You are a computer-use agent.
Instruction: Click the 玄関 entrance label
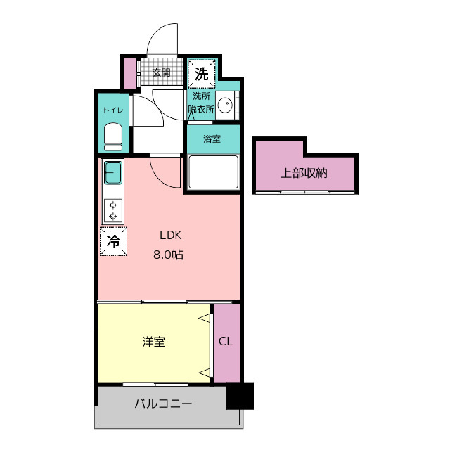[161, 72]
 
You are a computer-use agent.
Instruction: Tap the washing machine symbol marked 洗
[201, 73]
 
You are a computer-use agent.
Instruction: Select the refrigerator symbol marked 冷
[113, 241]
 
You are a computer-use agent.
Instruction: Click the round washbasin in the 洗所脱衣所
[225, 105]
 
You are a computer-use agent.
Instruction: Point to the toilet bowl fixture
[113, 136]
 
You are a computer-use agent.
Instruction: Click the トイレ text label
[113, 110]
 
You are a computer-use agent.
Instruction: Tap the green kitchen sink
[113, 172]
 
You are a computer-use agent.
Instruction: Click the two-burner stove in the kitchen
[113, 211]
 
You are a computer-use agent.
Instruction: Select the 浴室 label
[212, 139]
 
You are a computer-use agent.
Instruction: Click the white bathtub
[213, 172]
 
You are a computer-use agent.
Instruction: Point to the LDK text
[170, 236]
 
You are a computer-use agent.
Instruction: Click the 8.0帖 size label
[169, 255]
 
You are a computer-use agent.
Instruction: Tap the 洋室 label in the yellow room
[153, 342]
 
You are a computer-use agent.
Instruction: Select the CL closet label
[226, 341]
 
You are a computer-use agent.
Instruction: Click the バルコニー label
[163, 404]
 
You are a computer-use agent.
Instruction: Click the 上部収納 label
[304, 173]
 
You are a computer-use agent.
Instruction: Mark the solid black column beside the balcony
[240, 396]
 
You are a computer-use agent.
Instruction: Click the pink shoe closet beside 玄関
[130, 73]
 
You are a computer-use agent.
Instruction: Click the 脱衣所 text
[201, 110]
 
